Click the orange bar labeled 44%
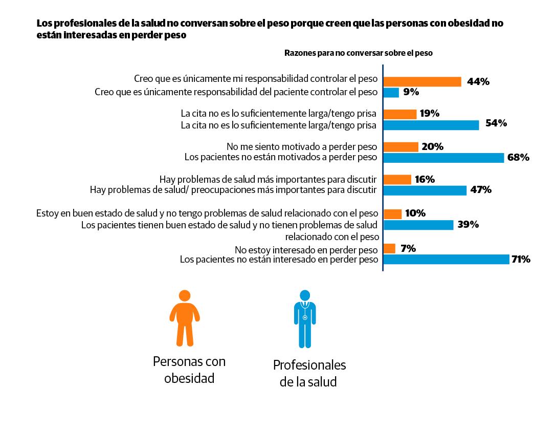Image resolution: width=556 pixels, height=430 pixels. point(422,81)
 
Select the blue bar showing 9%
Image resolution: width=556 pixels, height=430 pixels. point(391,93)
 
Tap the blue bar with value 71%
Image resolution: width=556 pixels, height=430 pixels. point(447,260)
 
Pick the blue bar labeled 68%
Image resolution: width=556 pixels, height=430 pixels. point(443,158)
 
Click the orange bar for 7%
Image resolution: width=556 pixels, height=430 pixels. point(389,249)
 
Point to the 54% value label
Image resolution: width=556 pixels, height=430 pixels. point(496,123)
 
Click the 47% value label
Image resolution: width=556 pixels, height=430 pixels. point(481,190)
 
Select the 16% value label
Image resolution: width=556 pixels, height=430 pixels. point(425,179)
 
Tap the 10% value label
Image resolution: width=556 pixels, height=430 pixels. point(415,213)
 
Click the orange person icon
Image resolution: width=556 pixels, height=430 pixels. point(184,318)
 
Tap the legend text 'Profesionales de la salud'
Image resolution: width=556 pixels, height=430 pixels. point(309,373)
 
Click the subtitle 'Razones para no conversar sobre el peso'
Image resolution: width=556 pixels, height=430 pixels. point(358,53)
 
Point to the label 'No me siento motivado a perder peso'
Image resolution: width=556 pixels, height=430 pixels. point(302,146)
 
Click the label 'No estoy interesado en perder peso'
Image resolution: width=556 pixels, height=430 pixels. point(306,250)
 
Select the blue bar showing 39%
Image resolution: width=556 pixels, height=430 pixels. point(418,225)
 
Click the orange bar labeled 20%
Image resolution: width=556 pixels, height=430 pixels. point(401,147)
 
